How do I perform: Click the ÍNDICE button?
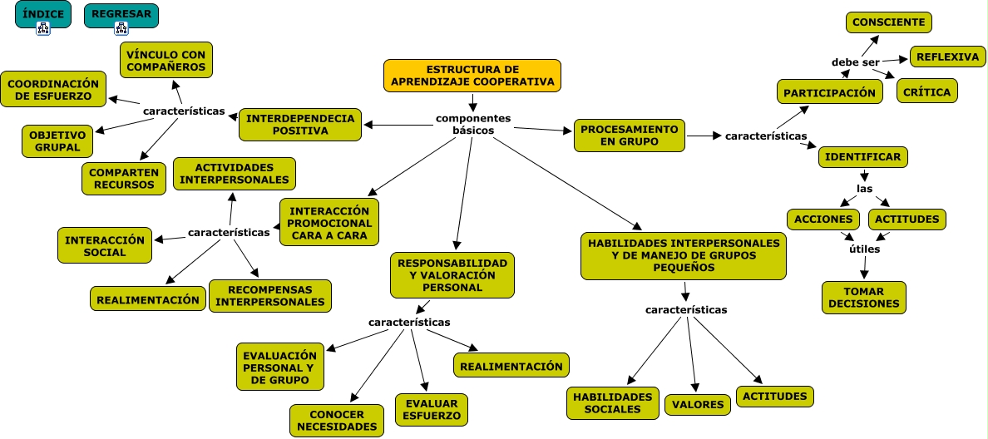pos(43,14)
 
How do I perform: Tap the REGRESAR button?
pos(121,15)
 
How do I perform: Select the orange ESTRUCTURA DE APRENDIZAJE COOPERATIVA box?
pos(472,76)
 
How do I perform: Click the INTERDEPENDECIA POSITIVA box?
pos(300,125)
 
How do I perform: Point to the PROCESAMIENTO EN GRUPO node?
pos(629,136)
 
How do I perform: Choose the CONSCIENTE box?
pos(888,22)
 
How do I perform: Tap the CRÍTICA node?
pos(926,92)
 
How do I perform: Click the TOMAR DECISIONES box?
pos(863,298)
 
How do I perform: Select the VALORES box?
pos(698,404)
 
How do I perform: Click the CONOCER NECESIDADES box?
pos(337,421)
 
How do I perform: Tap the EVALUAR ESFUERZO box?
pos(432,410)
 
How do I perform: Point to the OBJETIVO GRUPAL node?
pos(57,141)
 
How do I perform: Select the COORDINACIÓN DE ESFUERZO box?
pos(53,90)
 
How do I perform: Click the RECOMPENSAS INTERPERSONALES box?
pos(269,296)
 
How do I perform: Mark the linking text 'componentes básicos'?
pos(473,124)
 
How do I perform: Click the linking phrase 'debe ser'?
pos(855,62)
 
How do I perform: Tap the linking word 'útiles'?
pos(865,249)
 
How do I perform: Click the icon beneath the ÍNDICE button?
pos(43,28)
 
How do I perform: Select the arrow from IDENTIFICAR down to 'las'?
pos(863,175)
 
